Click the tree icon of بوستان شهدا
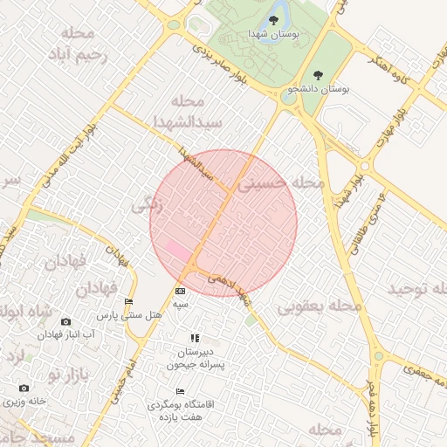[x=273, y=17]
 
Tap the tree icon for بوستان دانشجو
[x=317, y=76]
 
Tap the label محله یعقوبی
[x=320, y=307]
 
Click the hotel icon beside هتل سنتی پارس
[x=130, y=301]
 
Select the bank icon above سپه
[x=181, y=291]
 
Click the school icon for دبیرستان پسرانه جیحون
[x=195, y=338]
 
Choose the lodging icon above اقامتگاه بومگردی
[x=181, y=392]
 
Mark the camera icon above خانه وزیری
[x=23, y=388]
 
